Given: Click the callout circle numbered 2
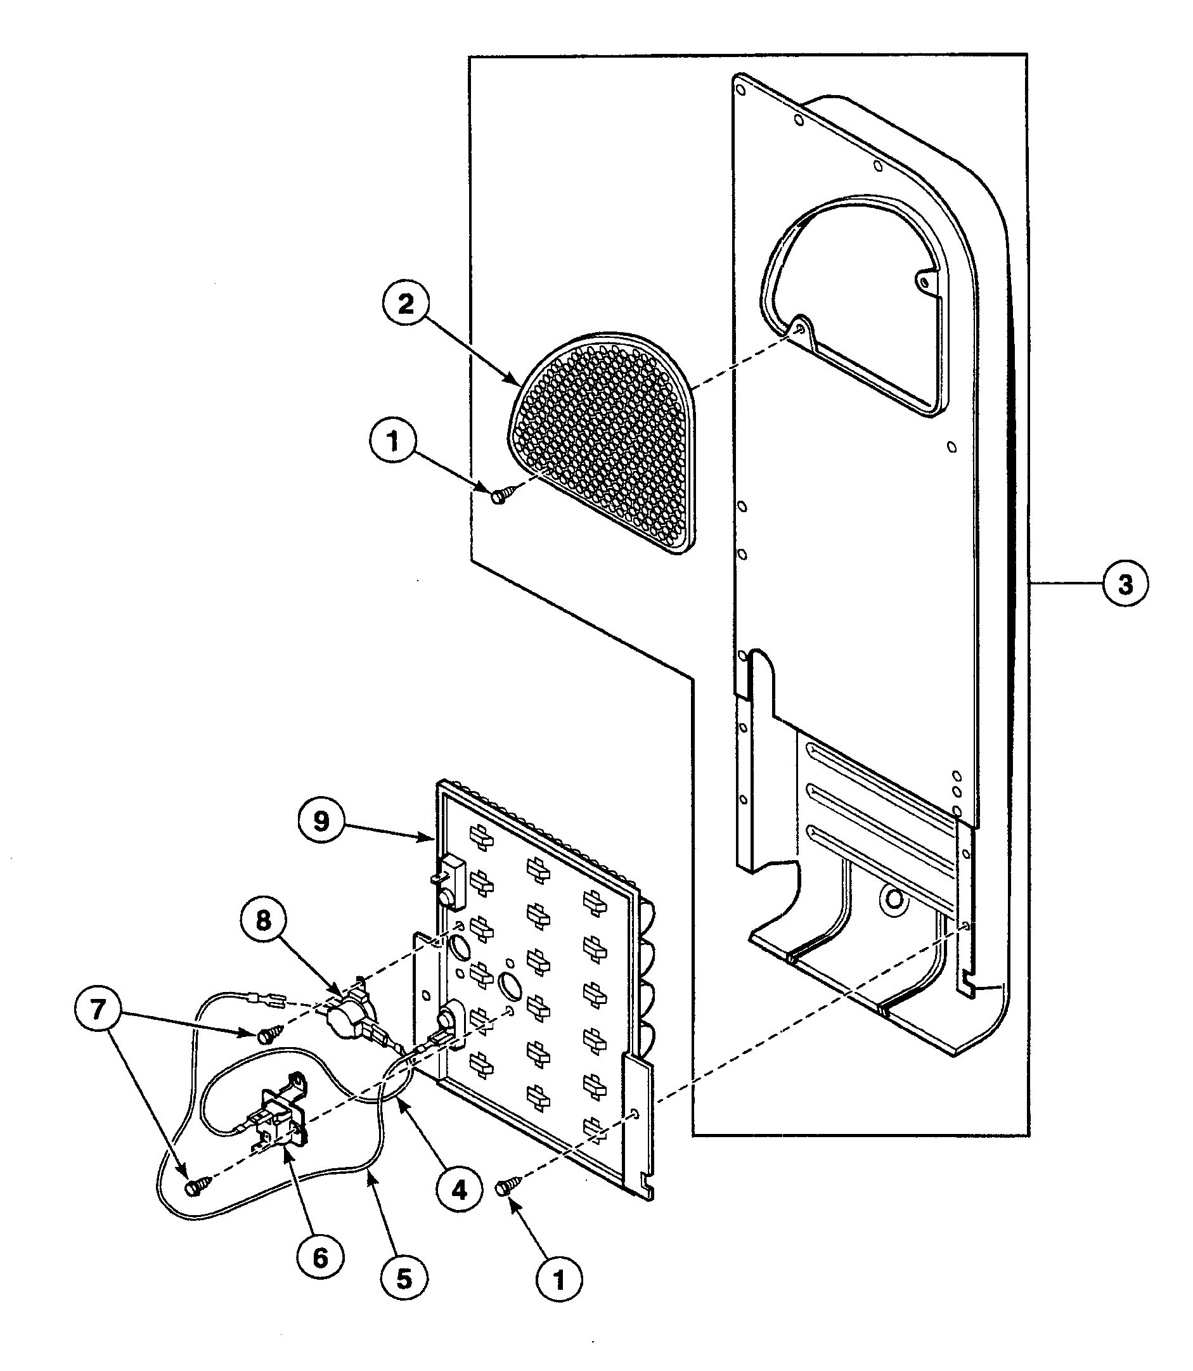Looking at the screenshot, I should (406, 304).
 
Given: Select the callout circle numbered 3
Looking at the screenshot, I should (1125, 584).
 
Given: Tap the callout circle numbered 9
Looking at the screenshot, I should (321, 821).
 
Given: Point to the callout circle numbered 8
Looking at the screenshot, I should (264, 922).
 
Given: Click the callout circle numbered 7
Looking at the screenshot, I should (98, 1010).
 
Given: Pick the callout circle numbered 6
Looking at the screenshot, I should (320, 1258).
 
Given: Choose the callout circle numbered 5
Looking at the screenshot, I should (404, 1278).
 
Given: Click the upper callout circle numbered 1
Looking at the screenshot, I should (392, 441).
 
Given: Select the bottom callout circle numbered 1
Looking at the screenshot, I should (558, 1278).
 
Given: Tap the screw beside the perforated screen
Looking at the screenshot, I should (500, 496).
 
